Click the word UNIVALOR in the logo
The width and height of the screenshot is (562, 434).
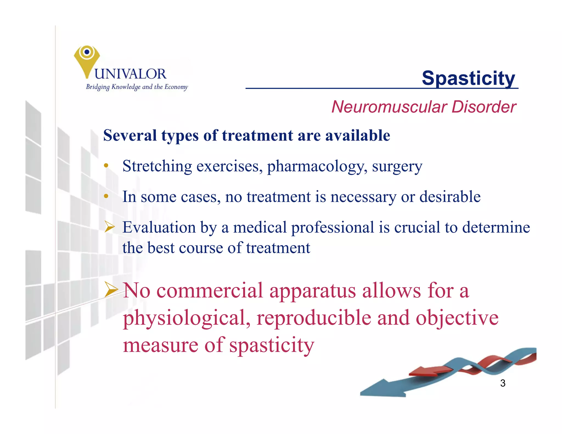click(x=130, y=74)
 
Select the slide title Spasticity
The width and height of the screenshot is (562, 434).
click(x=468, y=78)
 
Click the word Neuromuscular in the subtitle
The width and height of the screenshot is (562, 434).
click(x=389, y=107)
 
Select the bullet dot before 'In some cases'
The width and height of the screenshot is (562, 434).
click(x=106, y=196)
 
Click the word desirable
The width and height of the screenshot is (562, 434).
click(x=450, y=197)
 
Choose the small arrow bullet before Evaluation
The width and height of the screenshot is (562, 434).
click(x=109, y=227)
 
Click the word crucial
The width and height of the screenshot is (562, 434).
click(x=417, y=227)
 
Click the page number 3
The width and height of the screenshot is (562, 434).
click(x=503, y=383)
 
